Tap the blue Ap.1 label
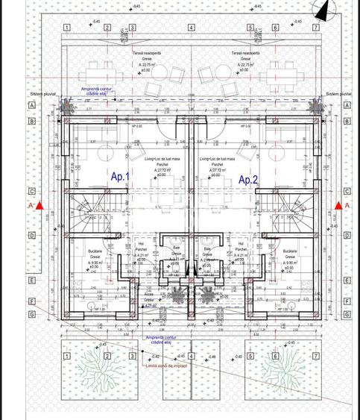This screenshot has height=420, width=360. point(121,178)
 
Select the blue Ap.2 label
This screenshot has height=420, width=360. point(247,180)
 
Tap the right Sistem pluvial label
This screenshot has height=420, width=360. point(338,94)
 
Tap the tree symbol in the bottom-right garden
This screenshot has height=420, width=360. point(280,366)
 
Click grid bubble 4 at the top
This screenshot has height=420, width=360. point(192,28)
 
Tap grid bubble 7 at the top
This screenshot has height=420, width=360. point(315,28)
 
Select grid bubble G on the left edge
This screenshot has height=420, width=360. point(32,314)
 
